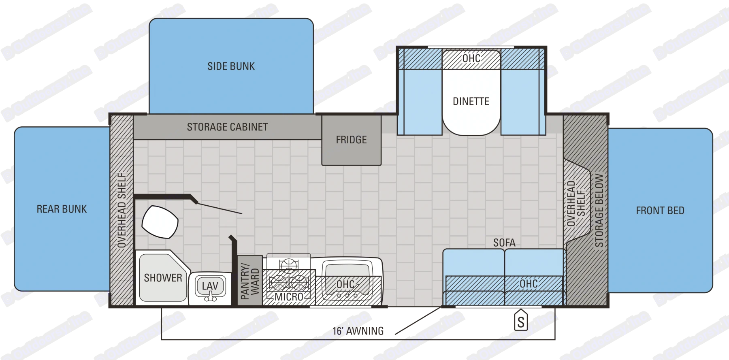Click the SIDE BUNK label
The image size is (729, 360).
click(231, 66)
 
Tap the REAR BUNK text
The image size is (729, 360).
click(62, 209)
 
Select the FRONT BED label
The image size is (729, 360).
click(660, 211)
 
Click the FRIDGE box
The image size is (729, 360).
click(351, 140)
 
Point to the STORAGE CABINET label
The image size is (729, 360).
click(227, 127)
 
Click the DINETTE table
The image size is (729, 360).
click(471, 101)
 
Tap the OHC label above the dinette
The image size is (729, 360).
click(471, 59)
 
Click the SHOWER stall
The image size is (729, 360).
click(163, 278)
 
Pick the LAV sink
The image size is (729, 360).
click(210, 286)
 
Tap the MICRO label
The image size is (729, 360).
click(289, 297)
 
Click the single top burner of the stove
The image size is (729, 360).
click(288, 266)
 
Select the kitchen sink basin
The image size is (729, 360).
click(346, 275)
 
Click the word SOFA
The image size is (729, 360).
click(504, 243)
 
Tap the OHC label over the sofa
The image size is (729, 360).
click(529, 284)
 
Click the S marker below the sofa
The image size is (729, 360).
click(521, 322)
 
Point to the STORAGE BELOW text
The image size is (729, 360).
click(599, 211)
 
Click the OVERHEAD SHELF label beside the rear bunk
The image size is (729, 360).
click(122, 211)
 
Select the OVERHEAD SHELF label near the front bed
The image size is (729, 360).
click(576, 203)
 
